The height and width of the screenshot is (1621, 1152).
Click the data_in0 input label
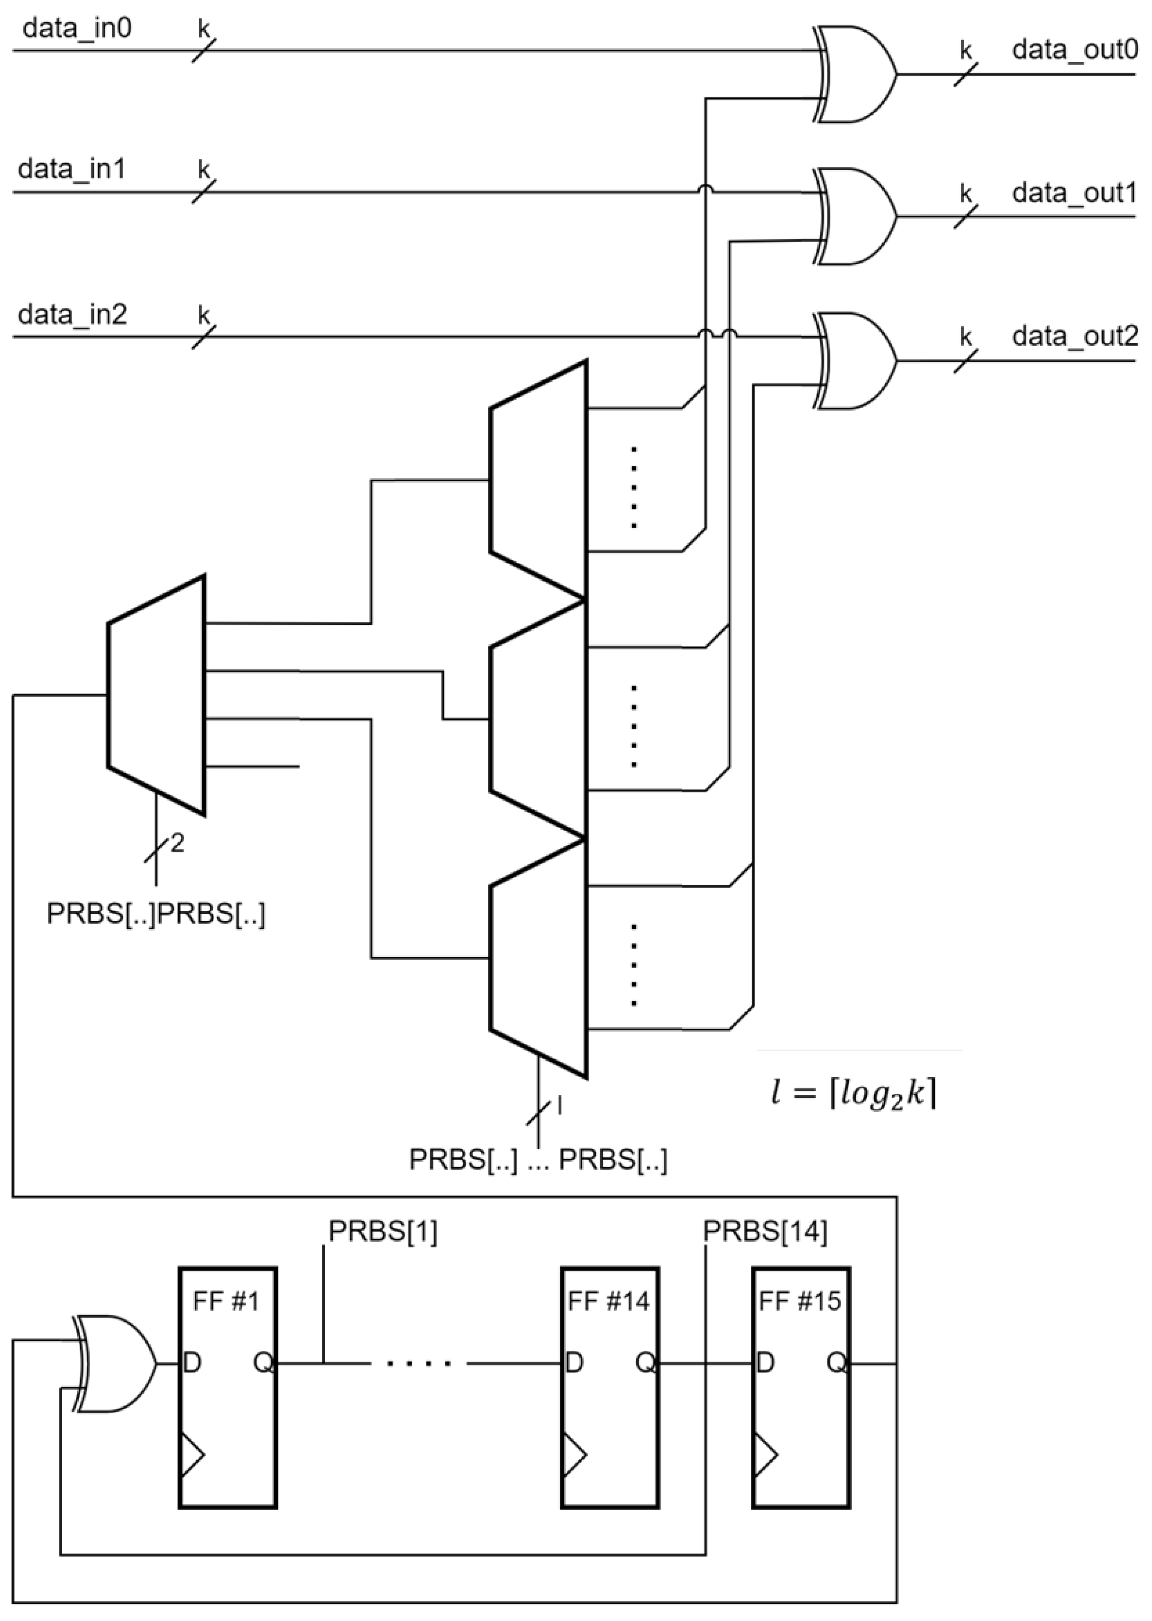[77, 28]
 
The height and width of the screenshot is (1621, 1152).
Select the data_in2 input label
[73, 314]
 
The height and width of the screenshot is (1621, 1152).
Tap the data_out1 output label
[1074, 193]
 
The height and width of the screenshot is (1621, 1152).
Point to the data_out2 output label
[1074, 336]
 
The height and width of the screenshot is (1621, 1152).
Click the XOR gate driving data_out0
[855, 74]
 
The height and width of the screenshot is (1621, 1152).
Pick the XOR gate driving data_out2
[855, 361]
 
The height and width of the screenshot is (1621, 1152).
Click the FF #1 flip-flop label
[226, 1301]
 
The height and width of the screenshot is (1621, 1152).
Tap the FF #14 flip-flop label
[609, 1301]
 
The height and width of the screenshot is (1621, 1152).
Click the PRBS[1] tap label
[383, 1232]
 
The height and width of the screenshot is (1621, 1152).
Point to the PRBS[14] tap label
[765, 1232]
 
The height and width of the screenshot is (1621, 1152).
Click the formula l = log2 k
[853, 1094]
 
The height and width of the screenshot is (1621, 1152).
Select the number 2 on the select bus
[177, 843]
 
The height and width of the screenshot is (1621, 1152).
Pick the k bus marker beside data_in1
[203, 170]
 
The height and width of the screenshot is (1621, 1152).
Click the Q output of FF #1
[263, 1363]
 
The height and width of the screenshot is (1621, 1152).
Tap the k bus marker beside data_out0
[965, 51]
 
